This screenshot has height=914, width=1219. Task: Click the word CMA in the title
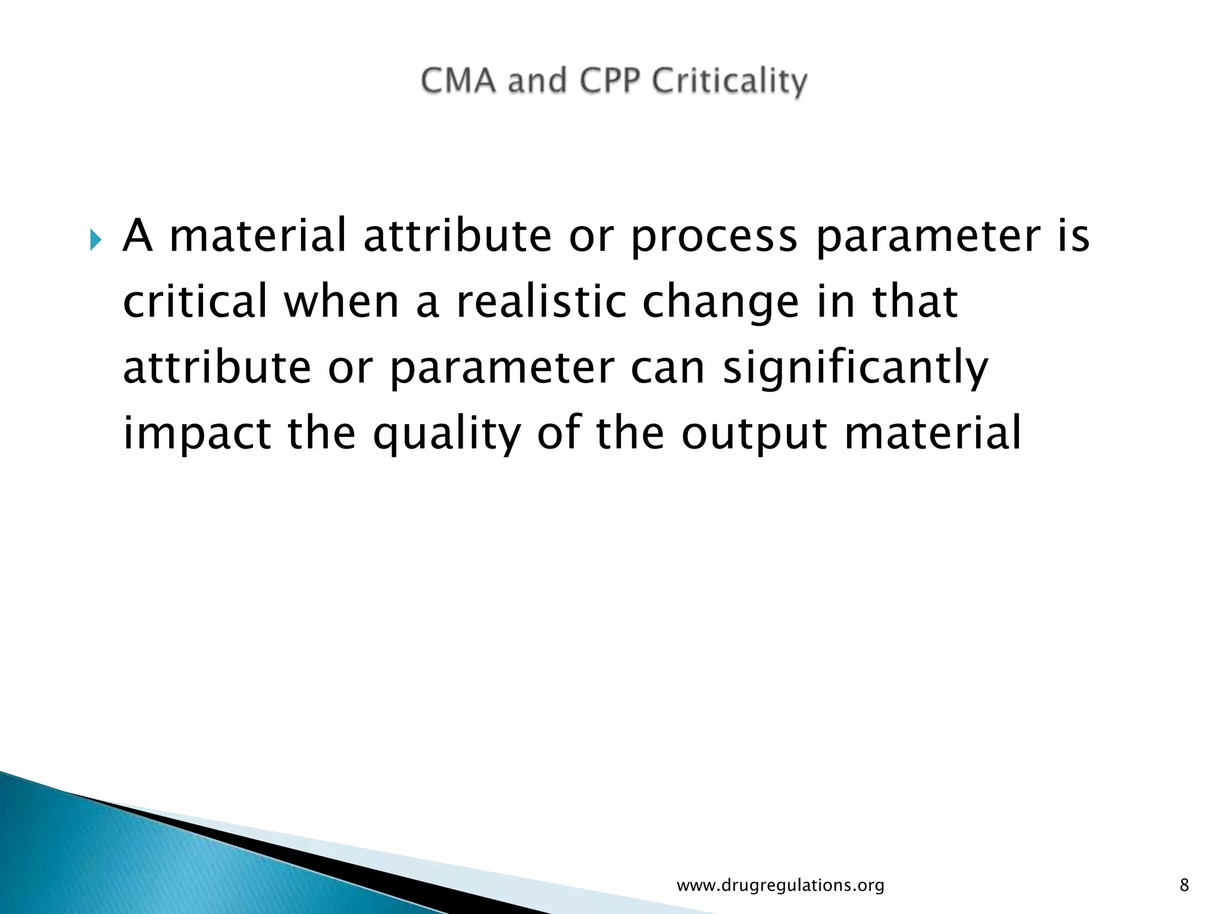point(458,81)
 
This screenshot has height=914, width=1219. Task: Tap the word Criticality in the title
point(729,82)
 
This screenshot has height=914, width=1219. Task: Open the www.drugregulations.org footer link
point(780,886)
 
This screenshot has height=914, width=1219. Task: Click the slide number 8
point(1184,886)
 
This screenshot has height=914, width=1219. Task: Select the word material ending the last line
point(933,433)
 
